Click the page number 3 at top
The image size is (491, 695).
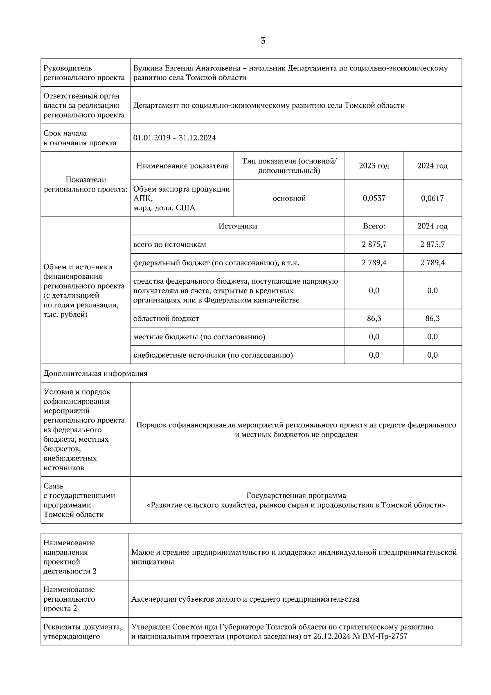(263, 41)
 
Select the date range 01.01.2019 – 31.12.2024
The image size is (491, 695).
(174, 138)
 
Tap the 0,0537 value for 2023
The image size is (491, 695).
(374, 199)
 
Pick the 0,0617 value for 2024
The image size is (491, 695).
(432, 199)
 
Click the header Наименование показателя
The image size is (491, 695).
(182, 166)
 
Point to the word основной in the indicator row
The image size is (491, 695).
(289, 199)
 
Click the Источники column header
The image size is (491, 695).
(237, 226)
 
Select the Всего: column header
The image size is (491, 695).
(374, 226)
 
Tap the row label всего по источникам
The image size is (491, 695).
(169, 245)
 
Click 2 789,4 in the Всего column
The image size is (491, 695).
(374, 263)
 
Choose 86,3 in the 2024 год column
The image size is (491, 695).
(432, 318)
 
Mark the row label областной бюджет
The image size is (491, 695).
(166, 318)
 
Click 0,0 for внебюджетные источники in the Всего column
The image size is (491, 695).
(374, 355)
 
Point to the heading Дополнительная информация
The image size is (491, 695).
(95, 374)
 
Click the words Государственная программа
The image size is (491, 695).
(296, 496)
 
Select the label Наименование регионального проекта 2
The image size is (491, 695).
(69, 599)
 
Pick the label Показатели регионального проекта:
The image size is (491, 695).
(86, 185)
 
